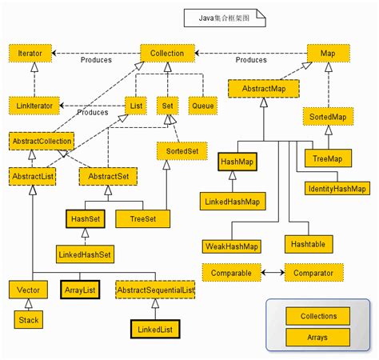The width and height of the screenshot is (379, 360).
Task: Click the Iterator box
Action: [x=31, y=54]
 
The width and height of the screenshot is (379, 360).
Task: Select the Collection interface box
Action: [x=167, y=54]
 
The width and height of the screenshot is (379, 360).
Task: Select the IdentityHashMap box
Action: [x=336, y=189]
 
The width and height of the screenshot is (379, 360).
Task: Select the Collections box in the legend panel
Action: [x=318, y=316]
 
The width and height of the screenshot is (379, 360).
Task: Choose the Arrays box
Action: [x=318, y=337]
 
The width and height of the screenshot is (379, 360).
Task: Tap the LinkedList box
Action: [x=155, y=328]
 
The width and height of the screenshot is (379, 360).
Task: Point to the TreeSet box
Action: [x=143, y=218]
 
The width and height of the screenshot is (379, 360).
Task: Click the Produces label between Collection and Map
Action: [x=251, y=60]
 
